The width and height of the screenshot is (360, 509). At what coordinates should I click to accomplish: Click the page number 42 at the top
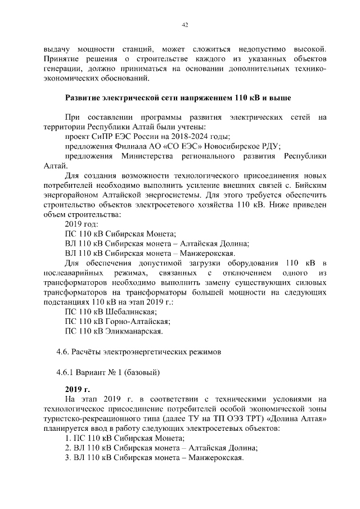pyautogui.click(x=184, y=25)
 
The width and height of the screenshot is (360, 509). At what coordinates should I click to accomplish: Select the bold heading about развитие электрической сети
pyautogui.click(x=178, y=98)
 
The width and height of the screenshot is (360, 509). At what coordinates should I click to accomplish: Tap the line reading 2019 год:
pyautogui.click(x=82, y=224)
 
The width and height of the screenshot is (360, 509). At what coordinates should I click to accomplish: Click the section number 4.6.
pyautogui.click(x=62, y=352)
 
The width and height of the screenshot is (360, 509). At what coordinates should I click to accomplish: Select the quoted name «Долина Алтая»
pyautogui.click(x=296, y=418)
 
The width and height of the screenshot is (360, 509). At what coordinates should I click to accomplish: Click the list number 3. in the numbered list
pyautogui.click(x=68, y=458)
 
